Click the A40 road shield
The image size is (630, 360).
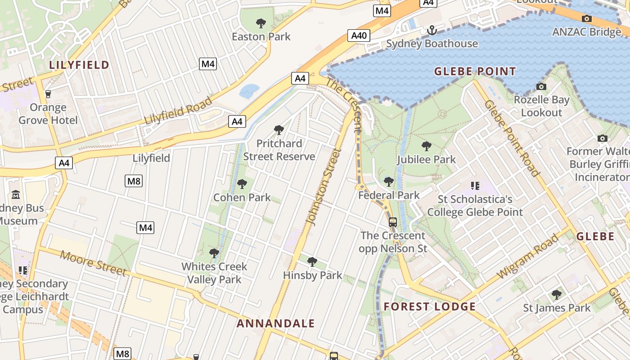pos(359,36)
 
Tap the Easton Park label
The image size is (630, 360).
pos(261,37)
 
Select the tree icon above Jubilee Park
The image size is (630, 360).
pos(426,146)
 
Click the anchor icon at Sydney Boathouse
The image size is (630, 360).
pos(432,31)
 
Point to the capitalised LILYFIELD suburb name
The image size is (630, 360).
pos(79,65)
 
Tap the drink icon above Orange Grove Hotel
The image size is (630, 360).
pos(48,94)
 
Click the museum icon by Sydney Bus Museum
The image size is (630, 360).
pos(16,195)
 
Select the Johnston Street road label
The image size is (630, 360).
pos(323,187)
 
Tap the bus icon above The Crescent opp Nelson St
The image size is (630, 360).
pos(393,222)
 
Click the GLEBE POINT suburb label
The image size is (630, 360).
pos(475,71)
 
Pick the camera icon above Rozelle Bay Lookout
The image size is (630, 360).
pos(541,86)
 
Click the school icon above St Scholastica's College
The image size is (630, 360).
pos(475,185)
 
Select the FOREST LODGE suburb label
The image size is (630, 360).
pos(430,307)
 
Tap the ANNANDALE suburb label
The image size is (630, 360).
pos(276,324)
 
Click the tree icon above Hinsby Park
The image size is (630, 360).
pos(312,261)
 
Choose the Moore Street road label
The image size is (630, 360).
pos(93,263)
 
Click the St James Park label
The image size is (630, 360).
pos(557,308)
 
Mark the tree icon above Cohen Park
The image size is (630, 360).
pos(242,184)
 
